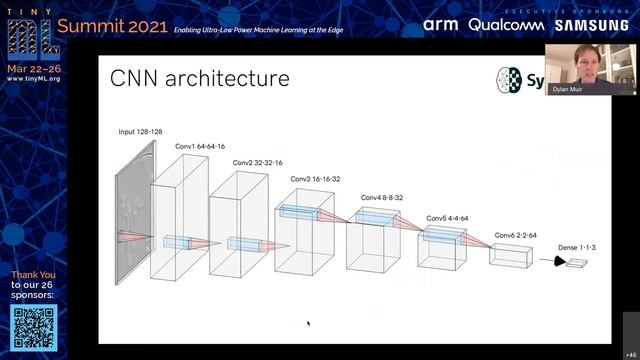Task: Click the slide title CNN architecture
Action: (200, 79)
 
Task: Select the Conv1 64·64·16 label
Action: (200, 146)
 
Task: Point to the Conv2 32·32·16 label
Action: (257, 162)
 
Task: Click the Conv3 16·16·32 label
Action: (315, 179)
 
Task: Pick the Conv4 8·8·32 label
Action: (382, 198)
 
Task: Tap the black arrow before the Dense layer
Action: (553, 262)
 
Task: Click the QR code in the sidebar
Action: (34, 326)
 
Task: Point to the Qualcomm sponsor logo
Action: (496, 25)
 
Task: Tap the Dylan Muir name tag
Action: (567, 89)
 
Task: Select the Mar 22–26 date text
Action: (32, 68)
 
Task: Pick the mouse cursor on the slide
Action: (308, 323)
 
